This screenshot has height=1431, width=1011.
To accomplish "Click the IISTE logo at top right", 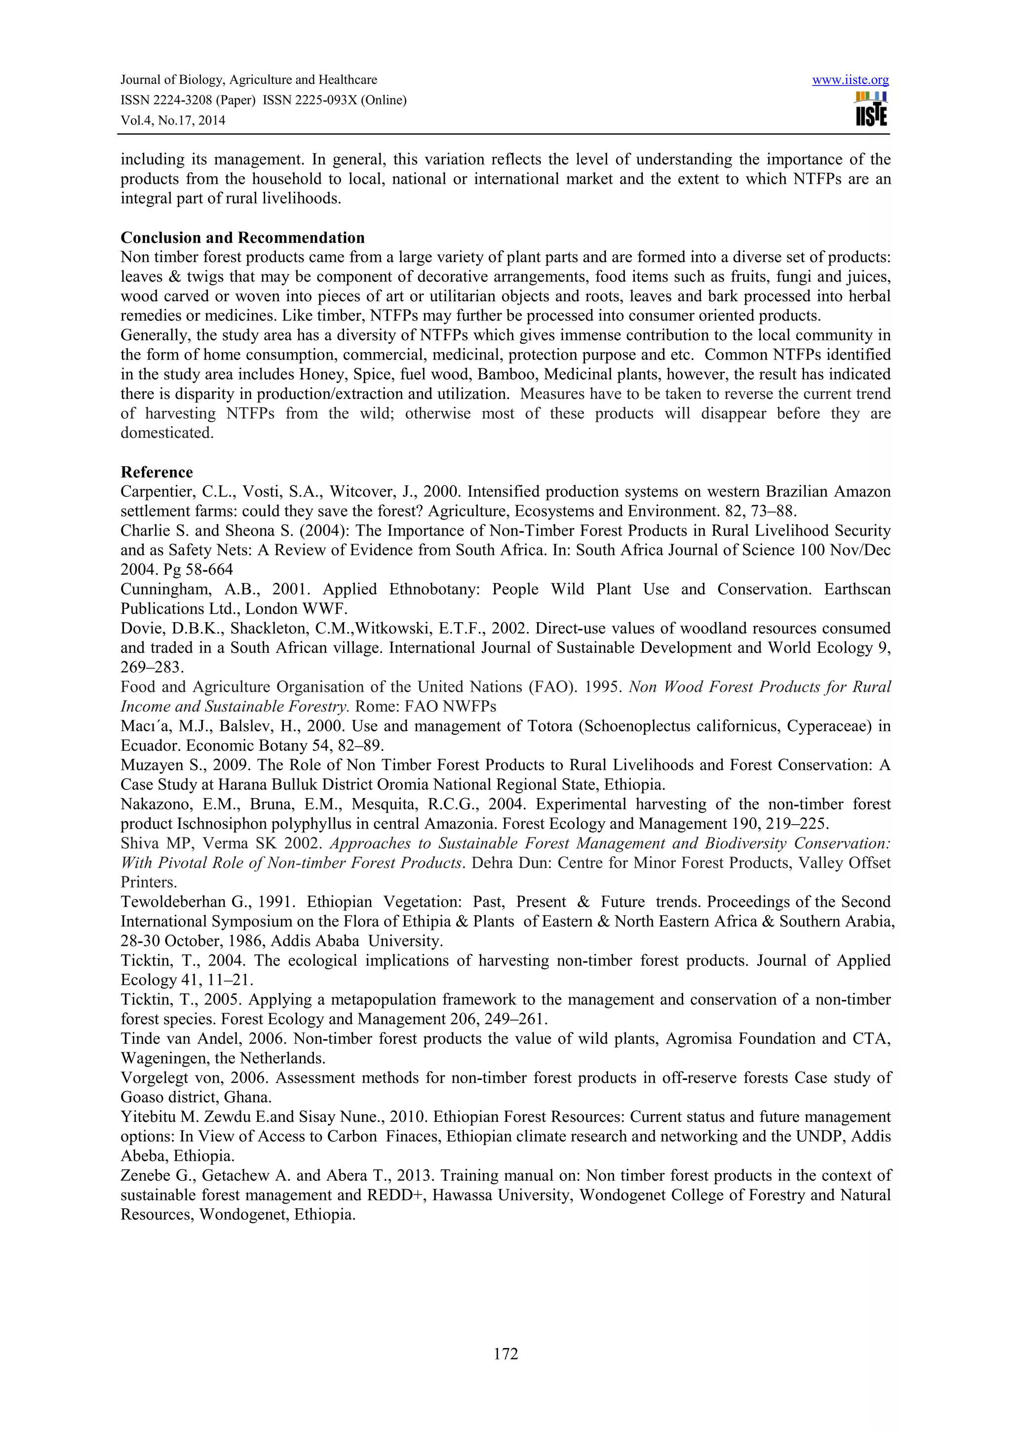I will pyautogui.click(x=871, y=110).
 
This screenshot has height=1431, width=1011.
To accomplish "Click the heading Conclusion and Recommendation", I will pyautogui.click(x=242, y=238).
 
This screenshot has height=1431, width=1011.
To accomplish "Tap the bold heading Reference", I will pyautogui.click(x=156, y=472).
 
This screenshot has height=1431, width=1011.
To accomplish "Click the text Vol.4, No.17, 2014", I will pyautogui.click(x=173, y=120).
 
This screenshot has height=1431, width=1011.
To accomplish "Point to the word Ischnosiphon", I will pyautogui.click(x=202, y=824).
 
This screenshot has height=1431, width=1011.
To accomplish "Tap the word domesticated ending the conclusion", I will pyautogui.click(x=166, y=433).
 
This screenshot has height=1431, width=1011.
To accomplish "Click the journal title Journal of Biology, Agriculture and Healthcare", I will pyautogui.click(x=248, y=80).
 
